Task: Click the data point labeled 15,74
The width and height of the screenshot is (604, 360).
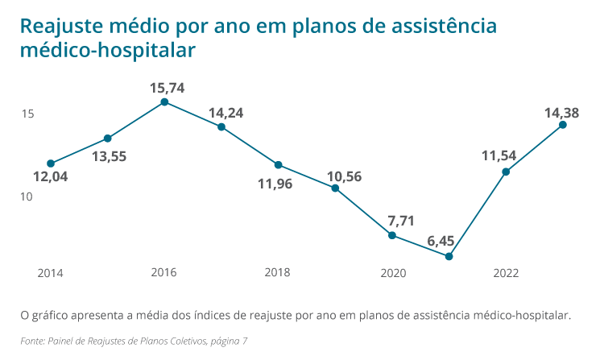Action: (x=164, y=102)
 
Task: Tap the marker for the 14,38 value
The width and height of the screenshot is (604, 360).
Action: (x=563, y=125)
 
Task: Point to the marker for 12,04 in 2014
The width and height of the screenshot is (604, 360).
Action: (x=51, y=163)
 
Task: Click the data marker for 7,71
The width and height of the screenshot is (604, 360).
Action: (x=392, y=235)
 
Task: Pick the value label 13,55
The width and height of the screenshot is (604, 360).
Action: (x=109, y=157)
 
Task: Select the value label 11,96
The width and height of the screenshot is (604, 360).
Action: (x=275, y=184)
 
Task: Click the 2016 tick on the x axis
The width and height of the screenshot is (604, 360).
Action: (x=164, y=273)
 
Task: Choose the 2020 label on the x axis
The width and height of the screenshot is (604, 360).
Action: (x=392, y=273)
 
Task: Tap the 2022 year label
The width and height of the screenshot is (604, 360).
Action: (x=506, y=273)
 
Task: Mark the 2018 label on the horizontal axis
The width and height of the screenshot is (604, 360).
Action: (x=278, y=273)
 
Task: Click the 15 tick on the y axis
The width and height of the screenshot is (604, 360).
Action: (x=27, y=114)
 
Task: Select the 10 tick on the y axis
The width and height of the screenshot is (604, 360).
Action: (x=27, y=197)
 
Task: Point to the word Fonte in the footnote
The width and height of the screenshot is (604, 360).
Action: (x=34, y=341)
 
